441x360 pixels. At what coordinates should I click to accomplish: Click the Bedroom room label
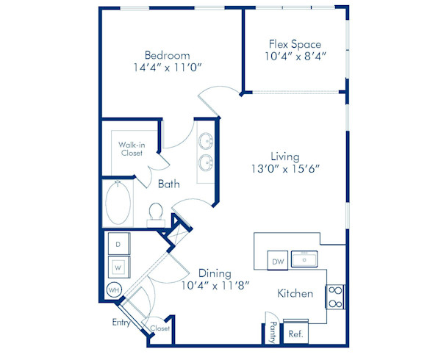[167, 55]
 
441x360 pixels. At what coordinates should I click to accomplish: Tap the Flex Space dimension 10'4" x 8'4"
[293, 55]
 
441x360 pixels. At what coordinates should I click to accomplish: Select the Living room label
[284, 156]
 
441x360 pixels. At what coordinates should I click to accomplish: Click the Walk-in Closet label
[132, 148]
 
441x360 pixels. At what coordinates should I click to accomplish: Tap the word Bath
[168, 184]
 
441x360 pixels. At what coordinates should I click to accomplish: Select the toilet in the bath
[155, 213]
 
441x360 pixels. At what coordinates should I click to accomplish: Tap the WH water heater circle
[114, 289]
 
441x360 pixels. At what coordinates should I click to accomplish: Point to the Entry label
[121, 323]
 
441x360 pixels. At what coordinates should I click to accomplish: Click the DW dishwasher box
[278, 261]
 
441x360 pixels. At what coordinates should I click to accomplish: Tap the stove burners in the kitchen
[335, 296]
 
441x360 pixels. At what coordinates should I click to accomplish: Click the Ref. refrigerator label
[295, 333]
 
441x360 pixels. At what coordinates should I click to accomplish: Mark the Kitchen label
[295, 294]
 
